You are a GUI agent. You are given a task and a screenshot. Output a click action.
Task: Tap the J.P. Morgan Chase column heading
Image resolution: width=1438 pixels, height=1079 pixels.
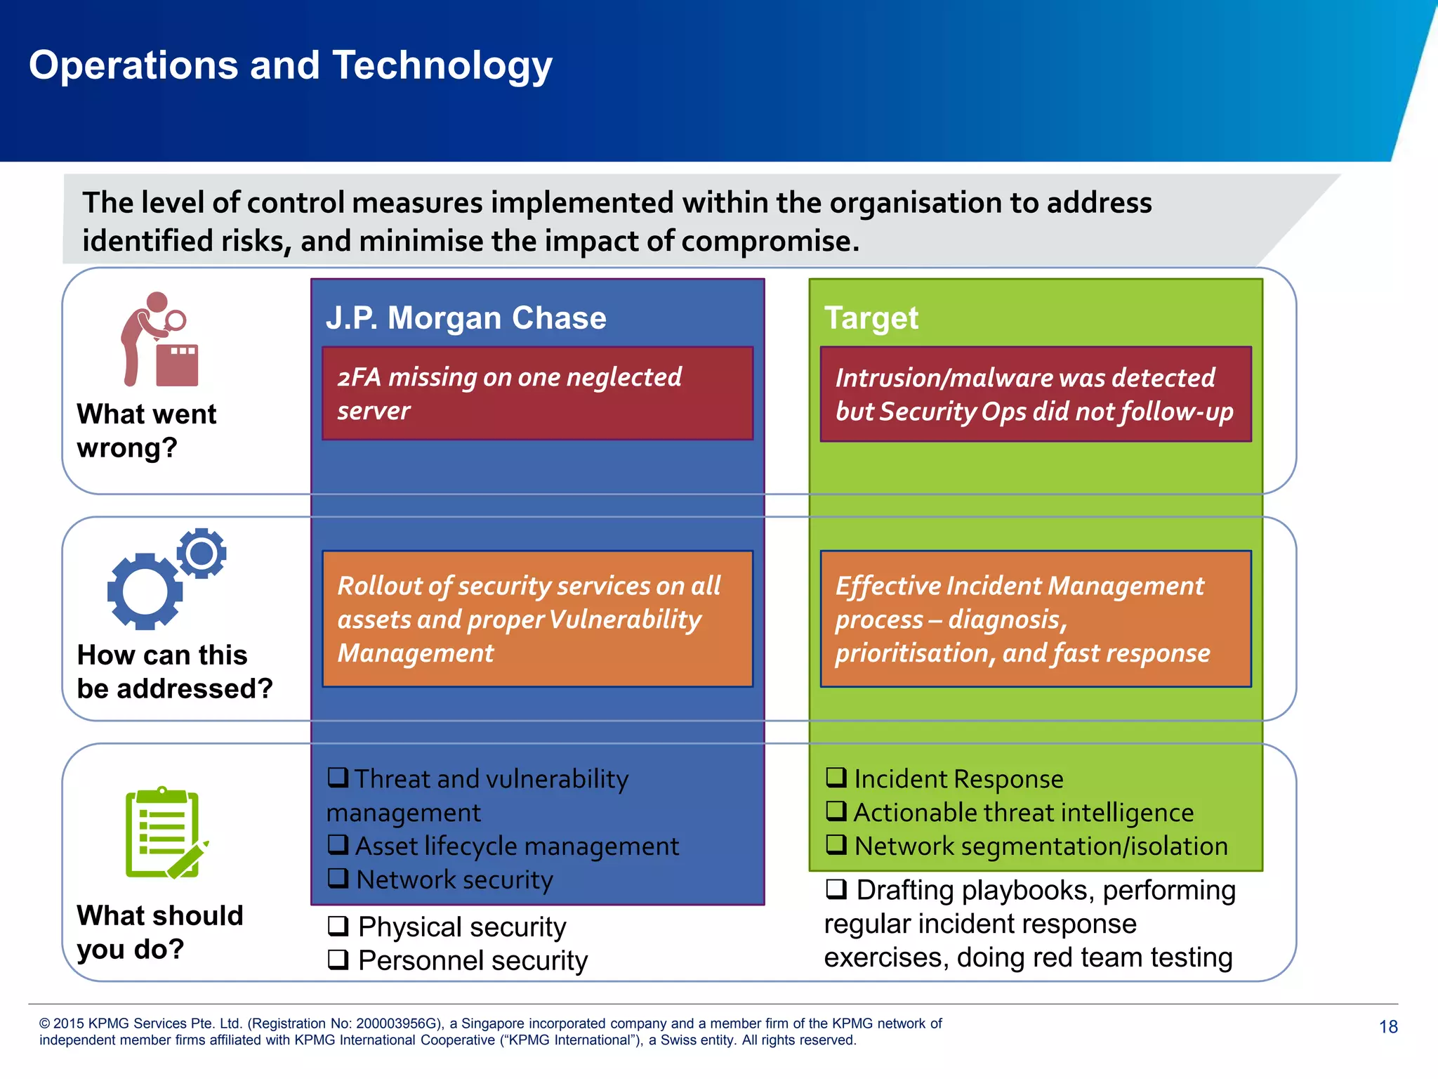(466, 318)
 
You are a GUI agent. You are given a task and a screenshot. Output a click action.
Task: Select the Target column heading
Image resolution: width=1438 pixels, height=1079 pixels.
(871, 318)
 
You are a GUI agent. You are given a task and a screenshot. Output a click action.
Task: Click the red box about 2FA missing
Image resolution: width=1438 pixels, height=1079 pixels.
(537, 393)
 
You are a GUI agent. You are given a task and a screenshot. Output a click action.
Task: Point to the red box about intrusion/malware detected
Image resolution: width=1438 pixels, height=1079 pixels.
(1036, 394)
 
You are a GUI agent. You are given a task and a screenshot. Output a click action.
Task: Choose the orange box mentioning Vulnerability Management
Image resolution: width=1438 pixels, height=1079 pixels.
(537, 619)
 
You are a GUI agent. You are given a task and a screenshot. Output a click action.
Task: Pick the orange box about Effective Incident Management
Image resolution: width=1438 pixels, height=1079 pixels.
(1036, 619)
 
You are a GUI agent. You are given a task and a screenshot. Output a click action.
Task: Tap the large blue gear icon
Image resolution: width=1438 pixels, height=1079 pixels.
(145, 591)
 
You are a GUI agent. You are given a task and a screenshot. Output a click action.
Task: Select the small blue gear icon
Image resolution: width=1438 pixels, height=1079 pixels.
(202, 554)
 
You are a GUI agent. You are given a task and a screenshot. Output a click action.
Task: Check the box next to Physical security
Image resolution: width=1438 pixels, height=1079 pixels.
(338, 927)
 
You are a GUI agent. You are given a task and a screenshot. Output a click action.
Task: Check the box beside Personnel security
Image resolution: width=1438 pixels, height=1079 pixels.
(338, 960)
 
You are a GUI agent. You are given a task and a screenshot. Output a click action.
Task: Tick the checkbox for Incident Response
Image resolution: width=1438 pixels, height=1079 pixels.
(836, 777)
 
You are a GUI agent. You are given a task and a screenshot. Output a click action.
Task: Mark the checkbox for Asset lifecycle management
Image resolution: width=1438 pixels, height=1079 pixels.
(338, 844)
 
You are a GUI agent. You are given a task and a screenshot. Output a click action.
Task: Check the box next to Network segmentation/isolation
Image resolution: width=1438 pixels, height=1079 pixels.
(836, 844)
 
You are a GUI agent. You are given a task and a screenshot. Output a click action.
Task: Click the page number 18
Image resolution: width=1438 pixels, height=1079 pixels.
(1388, 1027)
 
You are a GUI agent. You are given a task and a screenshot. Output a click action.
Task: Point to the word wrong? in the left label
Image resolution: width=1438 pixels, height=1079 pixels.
(127, 448)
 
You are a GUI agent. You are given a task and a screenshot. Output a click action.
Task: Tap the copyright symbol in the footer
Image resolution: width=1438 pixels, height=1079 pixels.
(45, 1024)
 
